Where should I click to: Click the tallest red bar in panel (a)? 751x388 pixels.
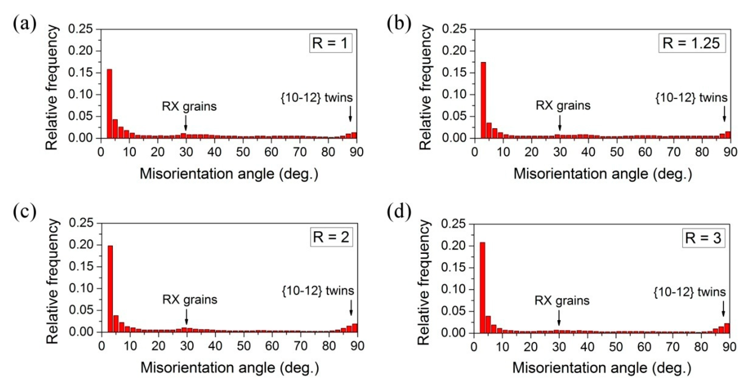(x=110, y=104)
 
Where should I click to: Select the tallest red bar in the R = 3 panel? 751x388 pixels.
(x=483, y=287)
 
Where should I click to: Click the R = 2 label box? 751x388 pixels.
(x=331, y=237)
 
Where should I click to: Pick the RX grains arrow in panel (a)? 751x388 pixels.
(x=186, y=123)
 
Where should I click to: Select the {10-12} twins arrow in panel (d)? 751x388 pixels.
(x=723, y=317)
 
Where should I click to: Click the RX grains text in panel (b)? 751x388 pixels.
(x=563, y=105)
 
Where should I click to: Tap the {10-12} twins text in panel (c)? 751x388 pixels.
(x=318, y=291)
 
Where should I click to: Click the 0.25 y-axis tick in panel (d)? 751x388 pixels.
(x=453, y=224)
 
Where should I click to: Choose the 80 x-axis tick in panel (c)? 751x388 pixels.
(x=329, y=346)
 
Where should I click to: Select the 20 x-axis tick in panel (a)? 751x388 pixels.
(x=158, y=152)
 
